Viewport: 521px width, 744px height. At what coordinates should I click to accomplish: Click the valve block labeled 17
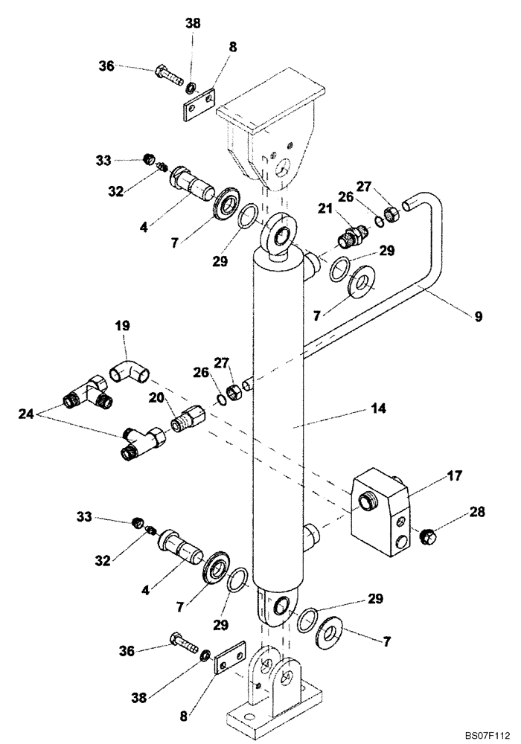pyautogui.click(x=380, y=513)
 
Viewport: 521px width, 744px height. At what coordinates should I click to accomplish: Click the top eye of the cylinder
pyautogui.click(x=282, y=237)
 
